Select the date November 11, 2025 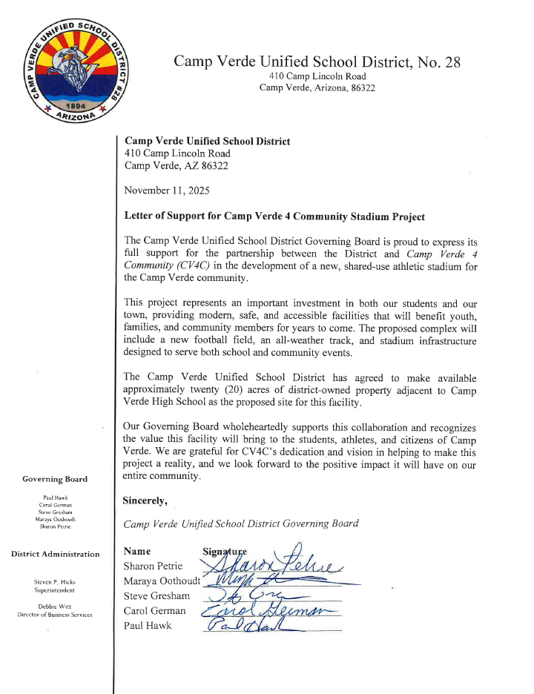coord(167,191)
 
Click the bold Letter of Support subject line coord(274,217)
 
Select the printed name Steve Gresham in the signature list coord(157,595)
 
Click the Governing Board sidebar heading coord(55,479)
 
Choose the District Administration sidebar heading coord(55,554)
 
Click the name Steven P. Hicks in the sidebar coord(55,582)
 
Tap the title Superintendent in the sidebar coord(55,590)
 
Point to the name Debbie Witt coord(55,607)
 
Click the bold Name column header coord(137,551)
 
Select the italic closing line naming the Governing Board coord(242,523)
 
